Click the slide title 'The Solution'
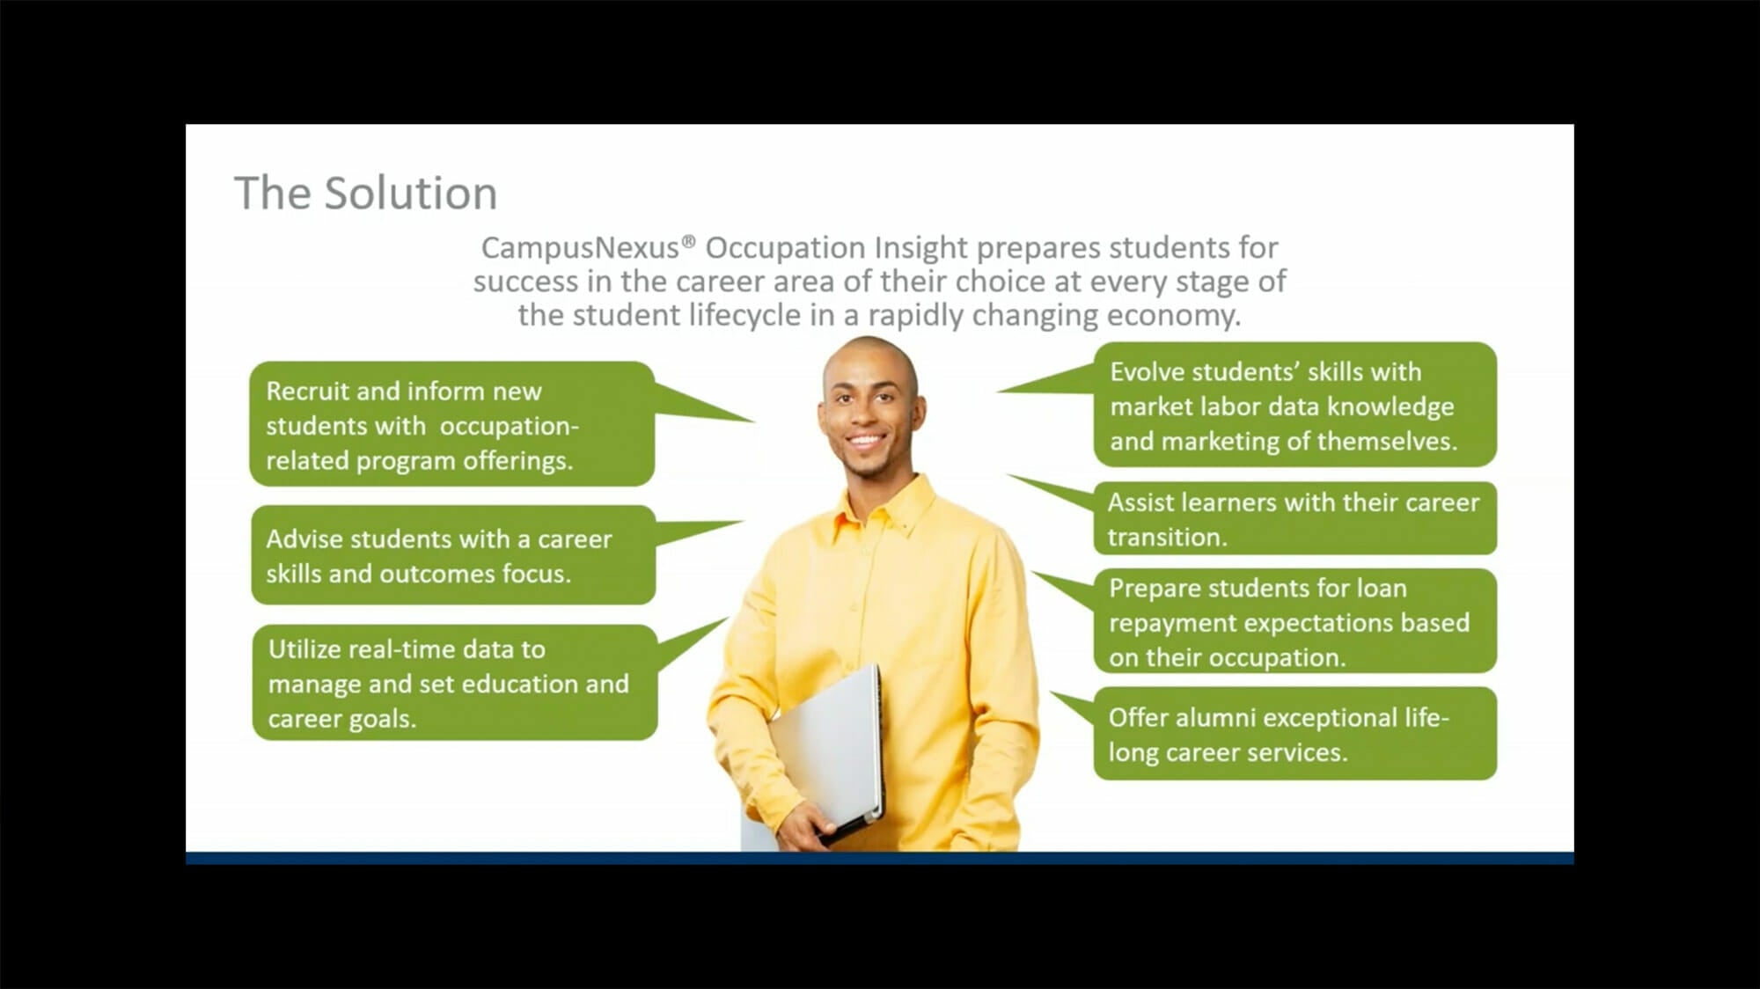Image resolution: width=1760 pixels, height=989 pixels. point(365,193)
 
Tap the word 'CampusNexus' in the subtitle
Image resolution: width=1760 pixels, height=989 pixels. point(580,248)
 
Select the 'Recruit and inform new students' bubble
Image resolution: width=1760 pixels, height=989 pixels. point(451,424)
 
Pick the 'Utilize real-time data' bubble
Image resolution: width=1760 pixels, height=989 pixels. point(454,683)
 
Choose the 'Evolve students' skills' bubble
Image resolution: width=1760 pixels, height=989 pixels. point(1294,405)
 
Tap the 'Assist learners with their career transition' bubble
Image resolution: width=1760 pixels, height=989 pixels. point(1294,518)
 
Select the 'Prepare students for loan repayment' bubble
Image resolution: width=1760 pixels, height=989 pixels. point(1294,621)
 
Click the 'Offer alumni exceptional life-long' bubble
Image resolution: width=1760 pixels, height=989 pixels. point(1294,734)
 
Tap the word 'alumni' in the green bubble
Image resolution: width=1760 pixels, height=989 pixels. point(1215,718)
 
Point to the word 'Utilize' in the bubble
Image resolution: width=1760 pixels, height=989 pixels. point(304,649)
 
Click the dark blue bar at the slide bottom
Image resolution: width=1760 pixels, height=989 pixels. point(880,858)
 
